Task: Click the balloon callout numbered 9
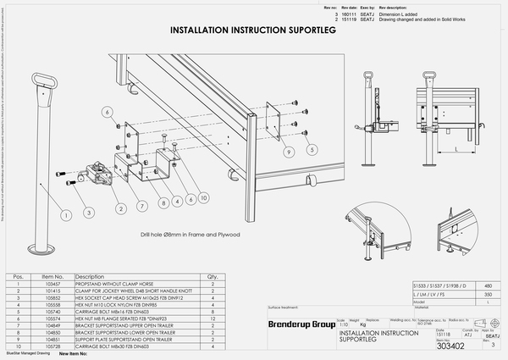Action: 290,153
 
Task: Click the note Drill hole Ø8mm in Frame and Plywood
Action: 191,233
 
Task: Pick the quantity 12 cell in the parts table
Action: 212,318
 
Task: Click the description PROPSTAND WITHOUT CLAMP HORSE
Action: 116,285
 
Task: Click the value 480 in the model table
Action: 484,285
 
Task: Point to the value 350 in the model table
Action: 484,294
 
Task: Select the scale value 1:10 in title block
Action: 344,324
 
